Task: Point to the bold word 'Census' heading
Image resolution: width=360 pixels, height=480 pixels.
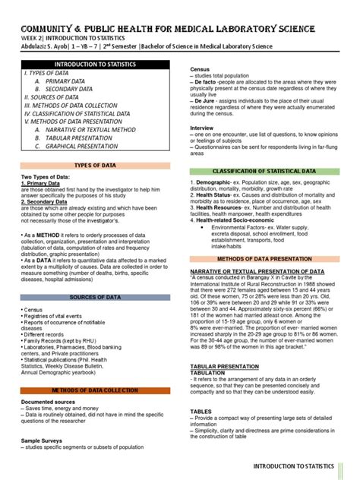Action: [200, 69]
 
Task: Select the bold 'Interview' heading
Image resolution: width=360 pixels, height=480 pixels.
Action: [202, 128]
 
